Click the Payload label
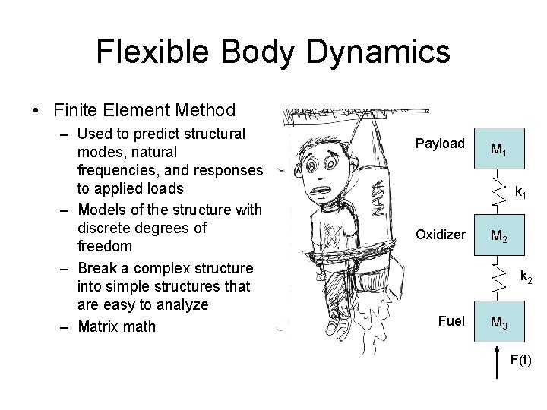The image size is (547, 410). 440,143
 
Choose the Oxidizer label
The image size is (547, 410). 440,235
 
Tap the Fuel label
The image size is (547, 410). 451,320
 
